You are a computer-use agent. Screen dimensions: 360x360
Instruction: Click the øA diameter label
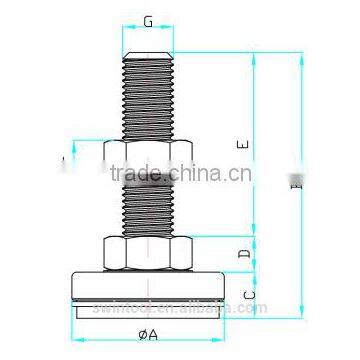(148, 334)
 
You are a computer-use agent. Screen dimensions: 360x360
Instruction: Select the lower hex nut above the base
(148, 254)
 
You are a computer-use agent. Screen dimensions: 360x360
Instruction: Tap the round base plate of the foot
(148, 286)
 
